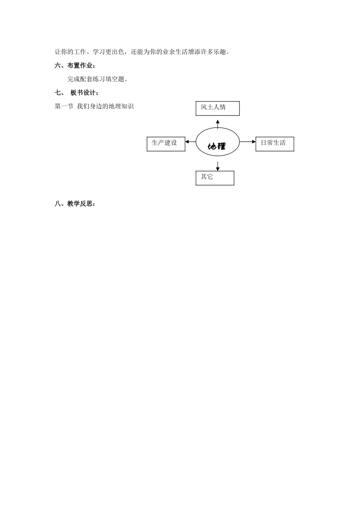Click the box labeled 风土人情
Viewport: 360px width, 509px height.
218,108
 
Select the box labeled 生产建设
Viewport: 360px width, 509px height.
166,144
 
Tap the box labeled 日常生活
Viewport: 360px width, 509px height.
275,144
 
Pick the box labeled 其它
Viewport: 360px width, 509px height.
215,178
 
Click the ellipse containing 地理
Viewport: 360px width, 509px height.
218,142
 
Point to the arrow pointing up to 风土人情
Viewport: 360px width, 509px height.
218,123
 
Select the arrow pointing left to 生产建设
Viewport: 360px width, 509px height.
191,142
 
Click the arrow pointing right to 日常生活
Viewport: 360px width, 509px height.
248,142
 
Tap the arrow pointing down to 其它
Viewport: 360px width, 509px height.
218,166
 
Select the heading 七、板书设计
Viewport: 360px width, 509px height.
77,93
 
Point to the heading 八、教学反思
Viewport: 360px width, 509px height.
75,204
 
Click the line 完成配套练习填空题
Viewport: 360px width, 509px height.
97,79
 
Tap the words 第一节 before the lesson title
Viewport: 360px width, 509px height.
64,106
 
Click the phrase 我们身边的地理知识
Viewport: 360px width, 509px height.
105,106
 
